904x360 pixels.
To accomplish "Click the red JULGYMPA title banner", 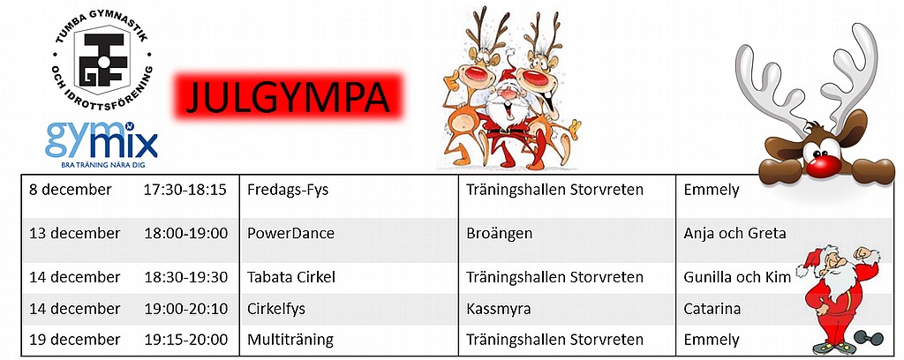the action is pyautogui.click(x=289, y=96).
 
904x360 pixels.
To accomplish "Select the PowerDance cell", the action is pyautogui.click(x=290, y=233).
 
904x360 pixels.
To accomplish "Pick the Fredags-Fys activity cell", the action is pyautogui.click(x=288, y=190).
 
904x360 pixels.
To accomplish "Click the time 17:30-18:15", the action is pyautogui.click(x=185, y=190).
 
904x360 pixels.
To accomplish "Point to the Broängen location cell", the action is pyautogui.click(x=500, y=233).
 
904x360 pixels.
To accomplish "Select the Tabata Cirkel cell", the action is pyautogui.click(x=291, y=277).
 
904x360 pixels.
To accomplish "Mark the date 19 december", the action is pyautogui.click(x=75, y=339).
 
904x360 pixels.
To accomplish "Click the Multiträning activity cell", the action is pyautogui.click(x=290, y=340).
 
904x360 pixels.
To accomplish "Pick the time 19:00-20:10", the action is pyautogui.click(x=185, y=309).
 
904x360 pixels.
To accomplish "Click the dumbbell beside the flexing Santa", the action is pyautogui.click(x=869, y=338).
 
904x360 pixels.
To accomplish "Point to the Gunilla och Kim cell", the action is pyautogui.click(x=737, y=277).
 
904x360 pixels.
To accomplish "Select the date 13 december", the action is pyautogui.click(x=75, y=233).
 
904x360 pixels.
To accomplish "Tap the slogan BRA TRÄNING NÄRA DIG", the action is pyautogui.click(x=102, y=165).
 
